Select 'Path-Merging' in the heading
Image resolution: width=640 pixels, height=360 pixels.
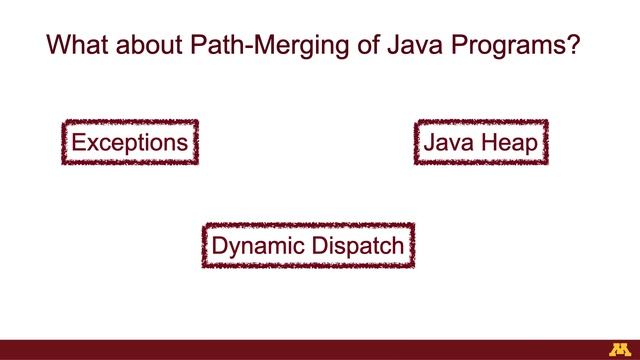(250, 48)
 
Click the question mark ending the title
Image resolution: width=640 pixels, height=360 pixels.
(577, 47)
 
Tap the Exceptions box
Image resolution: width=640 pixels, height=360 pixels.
(130, 143)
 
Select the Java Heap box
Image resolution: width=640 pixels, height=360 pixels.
(480, 143)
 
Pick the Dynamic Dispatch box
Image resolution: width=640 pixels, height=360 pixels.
(308, 245)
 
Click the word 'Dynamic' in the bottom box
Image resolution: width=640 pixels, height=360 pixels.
(256, 245)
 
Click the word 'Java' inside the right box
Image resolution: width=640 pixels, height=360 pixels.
(448, 143)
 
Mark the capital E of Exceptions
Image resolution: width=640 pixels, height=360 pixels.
(77, 142)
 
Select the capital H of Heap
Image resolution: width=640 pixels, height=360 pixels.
(487, 142)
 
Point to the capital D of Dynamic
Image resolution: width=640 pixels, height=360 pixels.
(219, 244)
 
